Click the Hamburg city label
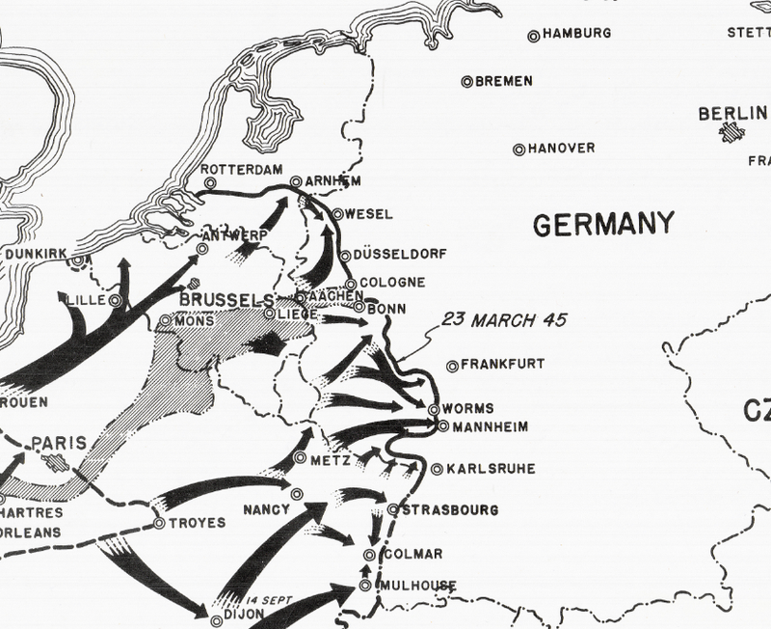[x=577, y=34]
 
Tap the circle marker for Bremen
[x=466, y=82]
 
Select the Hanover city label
[x=561, y=149]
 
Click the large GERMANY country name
[x=601, y=224]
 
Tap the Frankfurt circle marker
[x=453, y=366]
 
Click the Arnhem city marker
[x=296, y=181]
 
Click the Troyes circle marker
[x=158, y=524]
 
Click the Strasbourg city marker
[x=393, y=509]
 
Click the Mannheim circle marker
[x=442, y=425]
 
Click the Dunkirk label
[x=36, y=254]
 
